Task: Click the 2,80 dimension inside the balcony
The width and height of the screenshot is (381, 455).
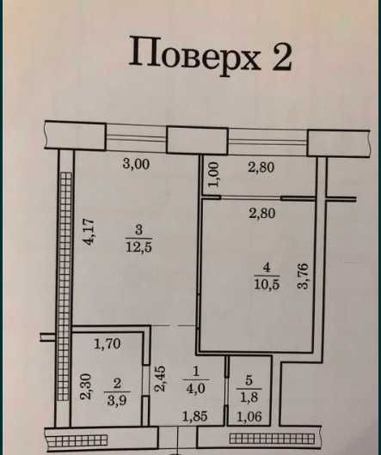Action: (x=261, y=167)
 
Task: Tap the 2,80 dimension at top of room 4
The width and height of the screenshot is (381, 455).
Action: (x=261, y=215)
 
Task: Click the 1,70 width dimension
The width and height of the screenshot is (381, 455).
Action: (x=107, y=346)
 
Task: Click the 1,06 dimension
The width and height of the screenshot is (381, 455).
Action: (x=249, y=418)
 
